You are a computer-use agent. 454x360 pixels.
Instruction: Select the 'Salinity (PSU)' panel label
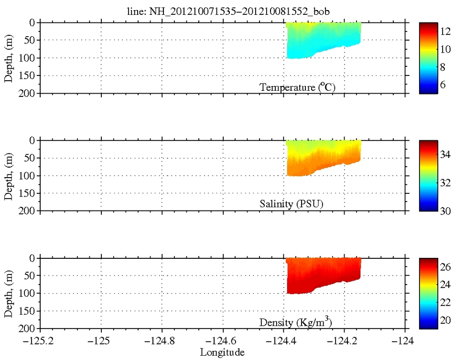(x=292, y=204)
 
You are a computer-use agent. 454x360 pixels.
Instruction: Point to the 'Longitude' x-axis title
(x=222, y=353)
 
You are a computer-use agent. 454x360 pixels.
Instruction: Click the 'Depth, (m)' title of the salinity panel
(x=8, y=176)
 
